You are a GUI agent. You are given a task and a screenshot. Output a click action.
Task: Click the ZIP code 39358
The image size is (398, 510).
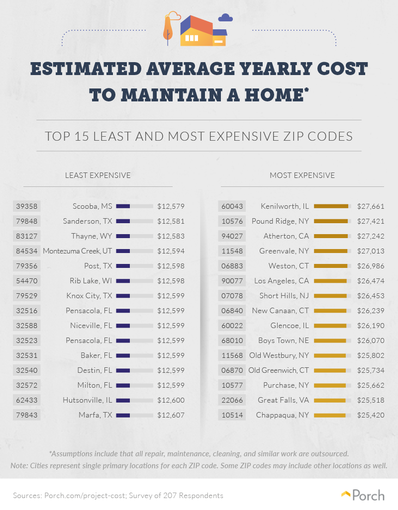[26, 206]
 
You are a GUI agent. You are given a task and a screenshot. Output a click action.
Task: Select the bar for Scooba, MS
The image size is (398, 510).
[134, 206]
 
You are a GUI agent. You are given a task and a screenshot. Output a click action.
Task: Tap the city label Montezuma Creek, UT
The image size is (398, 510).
[78, 251]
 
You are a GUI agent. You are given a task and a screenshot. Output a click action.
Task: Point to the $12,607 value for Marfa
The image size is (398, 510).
[171, 415]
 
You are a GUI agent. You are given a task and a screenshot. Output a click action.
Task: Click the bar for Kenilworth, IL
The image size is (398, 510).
[332, 206]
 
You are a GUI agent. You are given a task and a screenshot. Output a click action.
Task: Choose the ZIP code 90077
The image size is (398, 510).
[231, 281]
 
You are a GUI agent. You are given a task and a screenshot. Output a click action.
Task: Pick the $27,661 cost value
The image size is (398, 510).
[371, 206]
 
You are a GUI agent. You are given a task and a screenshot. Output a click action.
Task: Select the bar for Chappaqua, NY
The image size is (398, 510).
[332, 415]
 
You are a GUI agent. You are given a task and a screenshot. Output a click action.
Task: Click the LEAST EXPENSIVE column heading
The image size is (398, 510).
[98, 175]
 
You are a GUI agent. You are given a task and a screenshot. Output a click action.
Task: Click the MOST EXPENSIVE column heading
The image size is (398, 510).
[302, 175]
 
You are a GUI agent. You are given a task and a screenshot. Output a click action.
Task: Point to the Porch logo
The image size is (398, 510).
[363, 495]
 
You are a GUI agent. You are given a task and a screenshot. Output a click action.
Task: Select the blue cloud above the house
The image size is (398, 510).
[225, 18]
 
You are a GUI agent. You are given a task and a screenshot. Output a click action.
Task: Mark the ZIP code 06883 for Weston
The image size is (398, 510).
[231, 266]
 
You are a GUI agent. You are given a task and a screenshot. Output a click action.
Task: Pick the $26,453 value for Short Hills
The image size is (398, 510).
[371, 296]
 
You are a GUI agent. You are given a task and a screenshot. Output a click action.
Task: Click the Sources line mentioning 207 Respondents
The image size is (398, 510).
[118, 496]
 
